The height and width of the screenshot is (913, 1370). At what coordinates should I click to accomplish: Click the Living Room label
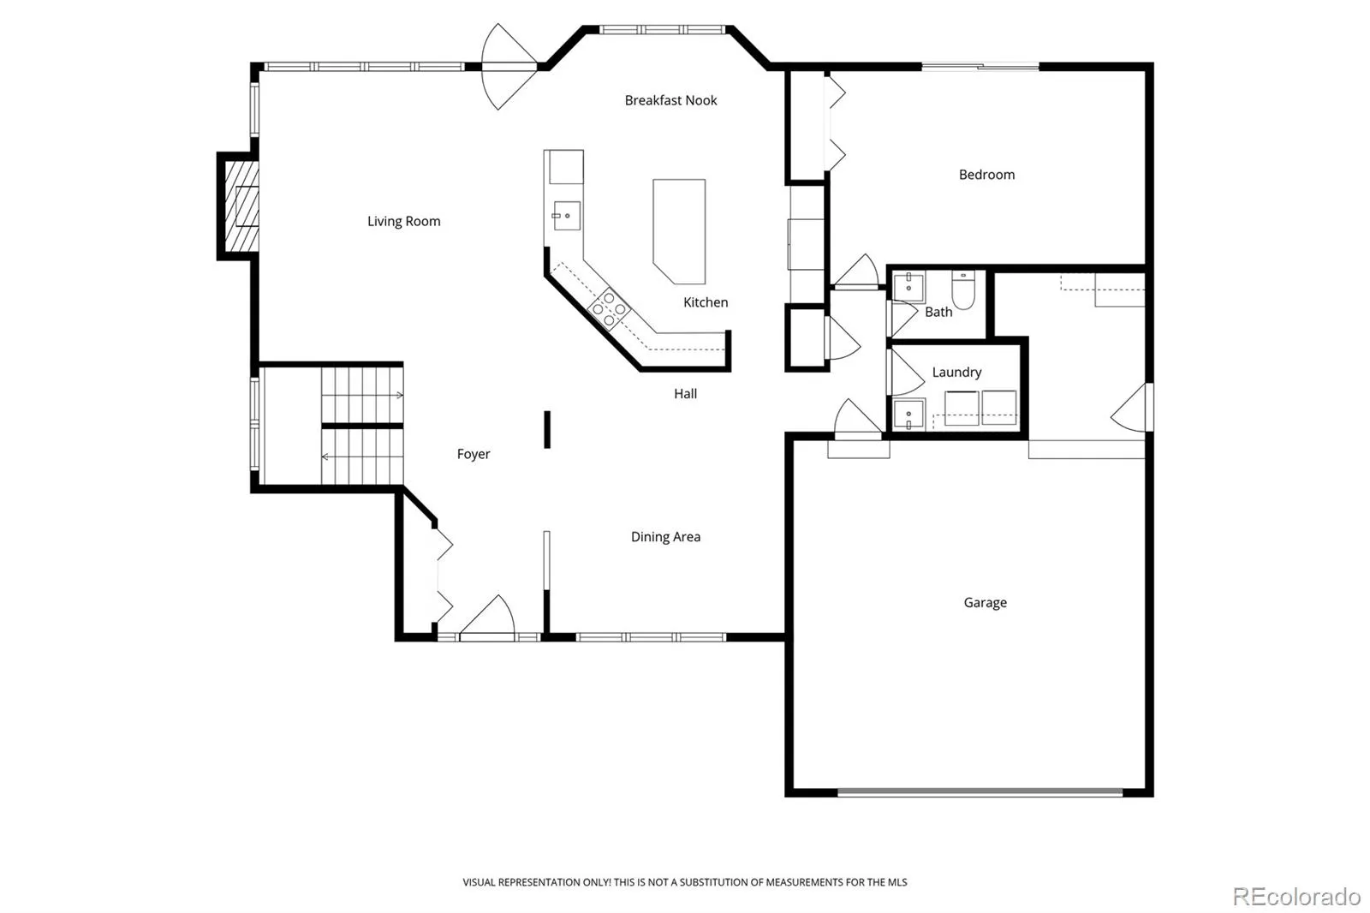tap(403, 221)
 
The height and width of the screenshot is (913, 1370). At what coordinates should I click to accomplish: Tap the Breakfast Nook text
tap(670, 100)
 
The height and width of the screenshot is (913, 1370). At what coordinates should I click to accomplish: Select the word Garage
tap(985, 603)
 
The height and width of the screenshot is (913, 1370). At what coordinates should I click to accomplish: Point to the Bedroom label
tap(986, 175)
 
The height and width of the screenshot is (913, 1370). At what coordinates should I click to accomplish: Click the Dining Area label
tap(665, 537)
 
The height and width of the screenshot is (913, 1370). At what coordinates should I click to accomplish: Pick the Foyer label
tap(474, 454)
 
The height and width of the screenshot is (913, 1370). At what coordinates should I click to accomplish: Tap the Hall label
tap(685, 393)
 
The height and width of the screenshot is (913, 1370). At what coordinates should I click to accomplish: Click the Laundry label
tap(956, 372)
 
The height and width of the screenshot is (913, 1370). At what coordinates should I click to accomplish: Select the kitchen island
tap(679, 231)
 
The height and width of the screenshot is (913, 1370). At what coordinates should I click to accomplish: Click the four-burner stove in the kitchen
tap(609, 309)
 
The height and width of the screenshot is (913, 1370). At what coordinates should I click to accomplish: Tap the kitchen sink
tap(566, 215)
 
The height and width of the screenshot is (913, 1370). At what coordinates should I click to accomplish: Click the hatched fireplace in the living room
tap(241, 206)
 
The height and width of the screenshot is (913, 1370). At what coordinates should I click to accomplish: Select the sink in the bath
tap(908, 287)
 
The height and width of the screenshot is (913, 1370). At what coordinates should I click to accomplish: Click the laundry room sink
tap(908, 415)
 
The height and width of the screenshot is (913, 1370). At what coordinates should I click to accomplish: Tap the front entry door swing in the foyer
tap(487, 617)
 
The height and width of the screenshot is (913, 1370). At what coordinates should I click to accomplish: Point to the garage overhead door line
tap(980, 792)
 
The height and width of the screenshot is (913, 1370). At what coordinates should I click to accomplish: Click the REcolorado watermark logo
tap(1296, 897)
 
